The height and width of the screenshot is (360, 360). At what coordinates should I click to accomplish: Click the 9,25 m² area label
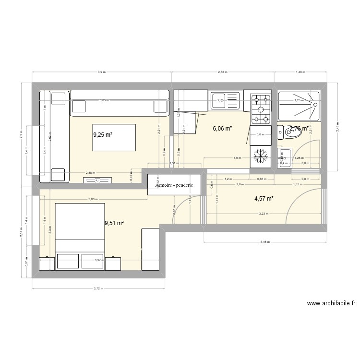(x=103, y=135)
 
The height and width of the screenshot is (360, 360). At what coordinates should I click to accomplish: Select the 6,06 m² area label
(x=222, y=129)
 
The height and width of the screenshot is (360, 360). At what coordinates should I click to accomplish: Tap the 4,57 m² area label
(x=264, y=198)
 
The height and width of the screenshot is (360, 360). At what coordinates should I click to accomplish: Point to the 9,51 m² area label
(x=114, y=223)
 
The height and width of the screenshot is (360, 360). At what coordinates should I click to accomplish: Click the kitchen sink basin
(x=224, y=101)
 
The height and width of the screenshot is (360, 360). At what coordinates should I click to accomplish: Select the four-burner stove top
(x=261, y=108)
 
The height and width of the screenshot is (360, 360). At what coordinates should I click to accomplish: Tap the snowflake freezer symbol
(x=261, y=155)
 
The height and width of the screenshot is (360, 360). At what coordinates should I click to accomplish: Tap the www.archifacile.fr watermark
(x=331, y=303)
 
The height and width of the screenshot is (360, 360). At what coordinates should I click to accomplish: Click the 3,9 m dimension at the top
(x=102, y=72)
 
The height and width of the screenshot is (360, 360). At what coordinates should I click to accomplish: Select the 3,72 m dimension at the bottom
(x=98, y=289)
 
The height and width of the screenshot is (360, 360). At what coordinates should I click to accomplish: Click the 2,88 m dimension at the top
(x=222, y=72)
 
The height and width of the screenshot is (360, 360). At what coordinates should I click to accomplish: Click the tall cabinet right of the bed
(x=150, y=249)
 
